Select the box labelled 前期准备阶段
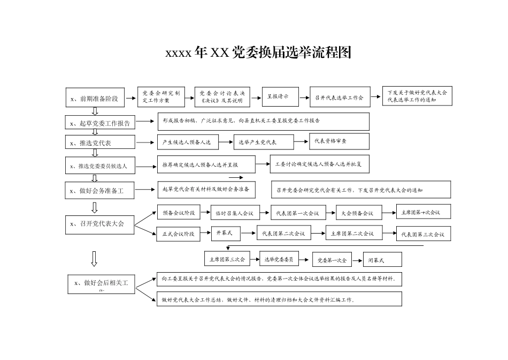point(95,98)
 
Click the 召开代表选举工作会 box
point(339,97)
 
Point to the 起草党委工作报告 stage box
point(100,123)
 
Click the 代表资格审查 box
point(339,141)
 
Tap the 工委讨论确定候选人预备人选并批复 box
point(319,164)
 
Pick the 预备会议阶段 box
point(179,213)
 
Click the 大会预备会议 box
point(358,213)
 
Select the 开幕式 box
point(225,232)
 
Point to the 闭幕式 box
point(382,260)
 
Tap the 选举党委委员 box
point(279,259)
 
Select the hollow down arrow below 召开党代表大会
point(94,258)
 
